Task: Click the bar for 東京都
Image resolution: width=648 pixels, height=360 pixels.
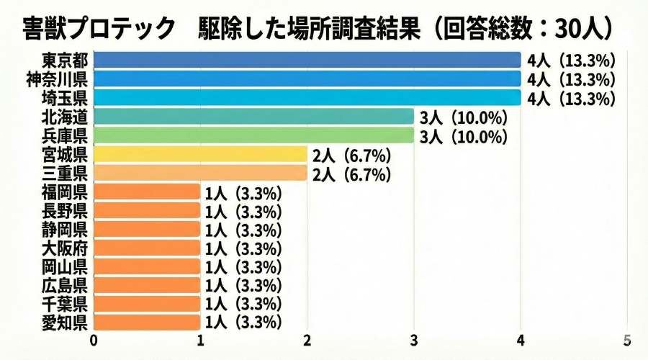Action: [307, 60]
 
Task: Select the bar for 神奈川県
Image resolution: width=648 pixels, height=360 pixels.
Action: [307, 78]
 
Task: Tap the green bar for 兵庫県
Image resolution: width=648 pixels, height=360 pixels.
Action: [253, 135]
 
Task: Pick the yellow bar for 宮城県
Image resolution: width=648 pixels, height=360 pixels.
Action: [200, 154]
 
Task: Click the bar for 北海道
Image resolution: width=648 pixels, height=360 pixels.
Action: [253, 117]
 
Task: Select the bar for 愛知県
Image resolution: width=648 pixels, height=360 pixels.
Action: [147, 322]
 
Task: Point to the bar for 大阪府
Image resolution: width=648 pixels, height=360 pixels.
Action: [147, 248]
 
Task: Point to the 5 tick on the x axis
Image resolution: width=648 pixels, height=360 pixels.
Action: [627, 339]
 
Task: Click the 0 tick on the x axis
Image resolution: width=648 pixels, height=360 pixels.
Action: [94, 339]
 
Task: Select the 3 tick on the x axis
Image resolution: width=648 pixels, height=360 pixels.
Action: [414, 339]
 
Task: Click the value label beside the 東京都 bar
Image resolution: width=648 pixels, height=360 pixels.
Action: [570, 60]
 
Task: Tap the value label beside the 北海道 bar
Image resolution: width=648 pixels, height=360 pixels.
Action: [464, 117]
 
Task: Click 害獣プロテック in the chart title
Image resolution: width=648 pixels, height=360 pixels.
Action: [99, 28]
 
